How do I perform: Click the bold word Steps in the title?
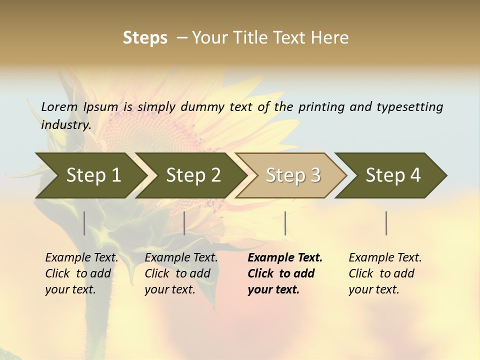pos(145,38)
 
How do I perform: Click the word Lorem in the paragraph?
pos(59,106)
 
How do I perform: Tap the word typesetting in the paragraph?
pos(409,107)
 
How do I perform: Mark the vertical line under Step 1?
pos(84,223)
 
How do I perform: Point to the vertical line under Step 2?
pos(184,223)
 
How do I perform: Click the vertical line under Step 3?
pos(285,223)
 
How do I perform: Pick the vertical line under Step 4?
pos(386,223)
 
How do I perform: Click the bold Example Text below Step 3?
pos(285,258)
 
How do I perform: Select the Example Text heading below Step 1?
pos(81,258)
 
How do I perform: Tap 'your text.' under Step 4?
pos(373,289)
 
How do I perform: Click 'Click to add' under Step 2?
pos(177,273)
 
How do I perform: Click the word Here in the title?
pos(330,38)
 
